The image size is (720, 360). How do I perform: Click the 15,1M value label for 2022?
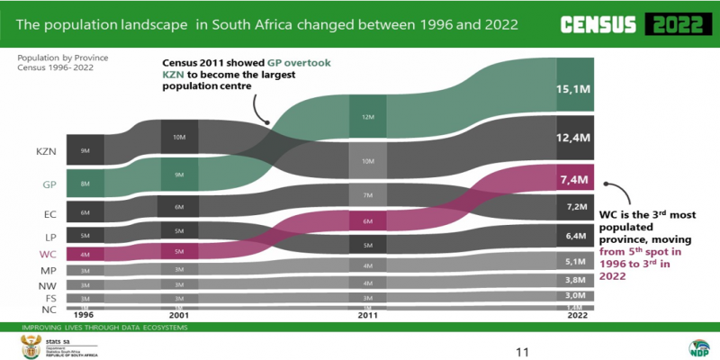point(572,90)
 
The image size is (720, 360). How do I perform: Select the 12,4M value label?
point(572,138)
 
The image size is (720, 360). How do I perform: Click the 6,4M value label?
point(572,237)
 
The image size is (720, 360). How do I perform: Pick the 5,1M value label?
point(572,262)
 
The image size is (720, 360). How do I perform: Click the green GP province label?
point(49,184)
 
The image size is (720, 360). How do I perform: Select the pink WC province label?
point(48,254)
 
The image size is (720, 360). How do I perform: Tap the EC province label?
point(50,214)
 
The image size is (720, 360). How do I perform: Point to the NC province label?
point(50,310)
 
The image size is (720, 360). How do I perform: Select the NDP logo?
point(697,348)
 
